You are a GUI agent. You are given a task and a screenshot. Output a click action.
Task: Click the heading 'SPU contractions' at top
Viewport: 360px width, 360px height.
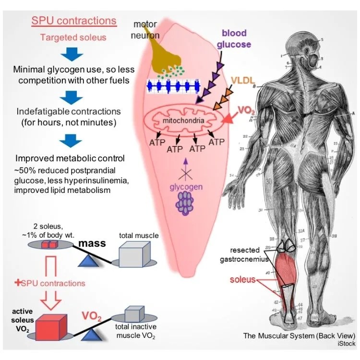74,21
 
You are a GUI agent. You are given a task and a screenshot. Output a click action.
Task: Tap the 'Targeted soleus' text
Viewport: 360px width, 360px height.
73,37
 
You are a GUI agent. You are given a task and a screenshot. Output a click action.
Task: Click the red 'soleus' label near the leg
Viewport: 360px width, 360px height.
242,280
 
